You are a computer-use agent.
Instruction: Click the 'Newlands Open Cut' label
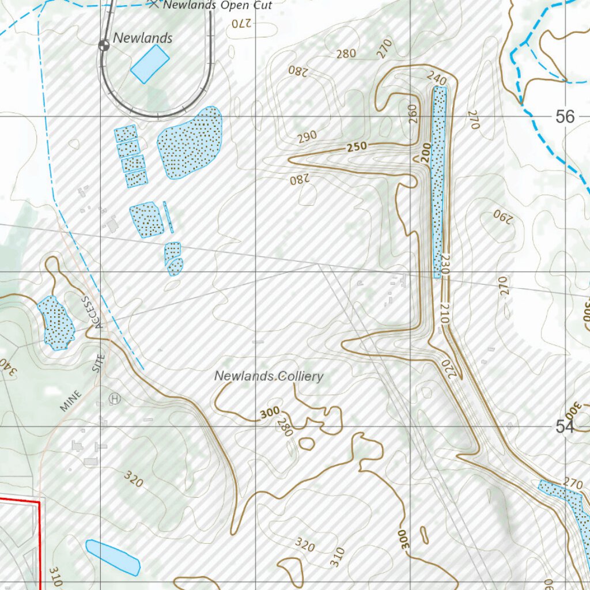point(218,6)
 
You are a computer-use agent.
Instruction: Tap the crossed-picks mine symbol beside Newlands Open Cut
point(153,5)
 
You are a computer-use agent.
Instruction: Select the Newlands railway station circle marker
point(104,46)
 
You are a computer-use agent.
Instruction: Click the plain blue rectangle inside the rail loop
point(150,63)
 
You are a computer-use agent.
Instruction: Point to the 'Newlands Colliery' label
point(268,376)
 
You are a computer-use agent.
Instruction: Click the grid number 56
point(565,117)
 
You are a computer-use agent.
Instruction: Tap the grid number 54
point(565,426)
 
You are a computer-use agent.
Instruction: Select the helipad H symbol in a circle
point(115,398)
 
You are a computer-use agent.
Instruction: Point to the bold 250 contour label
point(357,148)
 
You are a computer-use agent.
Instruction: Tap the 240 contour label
point(437,77)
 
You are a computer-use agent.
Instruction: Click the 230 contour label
point(444,265)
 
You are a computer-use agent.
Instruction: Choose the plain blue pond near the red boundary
point(113,557)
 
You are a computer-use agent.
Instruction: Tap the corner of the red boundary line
point(39,502)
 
